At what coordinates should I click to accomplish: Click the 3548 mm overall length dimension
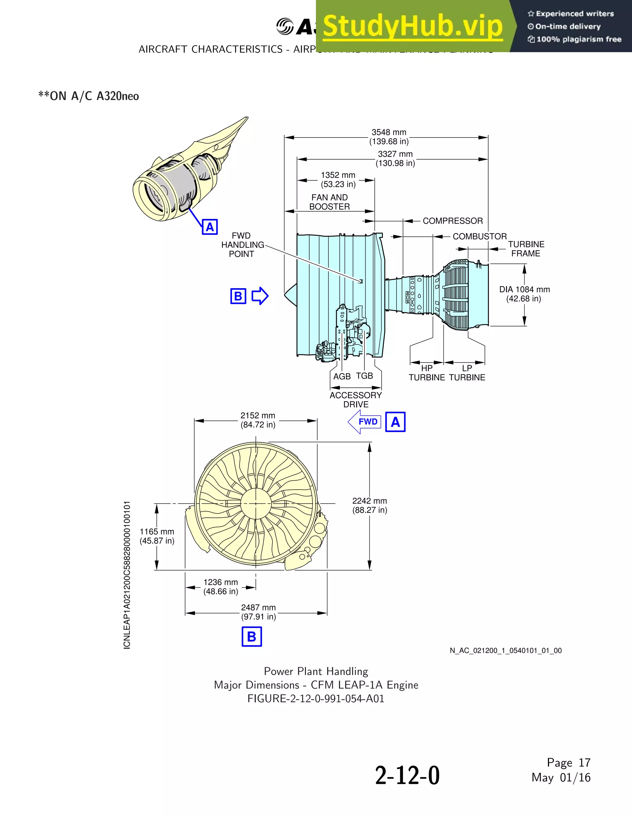coord(389,137)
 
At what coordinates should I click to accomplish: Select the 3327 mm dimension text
coord(395,158)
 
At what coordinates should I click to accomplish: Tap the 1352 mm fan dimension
coord(338,179)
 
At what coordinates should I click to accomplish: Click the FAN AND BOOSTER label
coord(329,202)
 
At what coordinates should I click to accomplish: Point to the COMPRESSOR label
coord(453,221)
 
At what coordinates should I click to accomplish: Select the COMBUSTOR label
coord(480,236)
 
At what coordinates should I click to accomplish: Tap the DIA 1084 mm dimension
coord(524,294)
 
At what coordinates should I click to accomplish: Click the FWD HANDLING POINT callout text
coord(242,245)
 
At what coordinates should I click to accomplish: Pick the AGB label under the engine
coord(342,376)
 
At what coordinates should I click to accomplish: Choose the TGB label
coord(364,376)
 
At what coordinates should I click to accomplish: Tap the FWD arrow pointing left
coord(364,422)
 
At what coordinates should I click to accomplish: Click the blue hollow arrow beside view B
coord(260,296)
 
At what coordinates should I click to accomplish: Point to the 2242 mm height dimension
coord(369,505)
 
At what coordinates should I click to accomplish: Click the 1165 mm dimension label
coord(157,536)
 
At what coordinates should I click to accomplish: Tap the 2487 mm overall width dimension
coord(258,612)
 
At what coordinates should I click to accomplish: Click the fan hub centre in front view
coord(256,503)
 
